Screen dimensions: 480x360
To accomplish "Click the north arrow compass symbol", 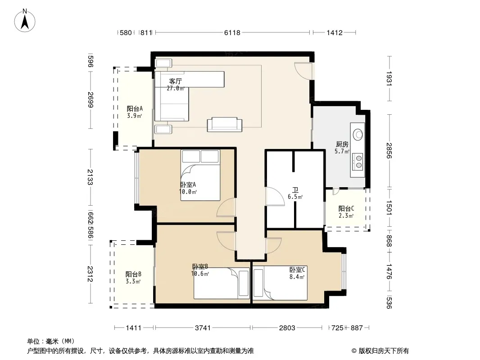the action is (x=25, y=21).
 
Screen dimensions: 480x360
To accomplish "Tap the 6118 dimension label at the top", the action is (x=232, y=32).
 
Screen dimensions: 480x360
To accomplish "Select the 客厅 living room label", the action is (x=176, y=81).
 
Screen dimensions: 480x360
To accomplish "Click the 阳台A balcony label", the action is (x=135, y=108).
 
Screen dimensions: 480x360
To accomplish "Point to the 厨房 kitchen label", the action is (x=342, y=144).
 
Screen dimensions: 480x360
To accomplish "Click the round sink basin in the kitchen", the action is (x=358, y=134).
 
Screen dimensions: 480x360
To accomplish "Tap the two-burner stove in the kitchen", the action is (x=358, y=162).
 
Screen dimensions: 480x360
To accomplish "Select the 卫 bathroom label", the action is (x=295, y=190).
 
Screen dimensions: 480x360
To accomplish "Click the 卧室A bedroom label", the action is (x=188, y=185).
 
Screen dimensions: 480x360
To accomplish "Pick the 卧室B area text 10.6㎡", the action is (x=200, y=274).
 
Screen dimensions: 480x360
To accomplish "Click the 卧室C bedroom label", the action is (x=297, y=270).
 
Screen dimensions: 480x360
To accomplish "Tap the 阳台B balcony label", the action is (x=133, y=274).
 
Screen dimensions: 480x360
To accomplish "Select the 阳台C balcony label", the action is (x=346, y=209).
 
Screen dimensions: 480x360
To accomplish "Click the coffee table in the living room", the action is (x=224, y=125).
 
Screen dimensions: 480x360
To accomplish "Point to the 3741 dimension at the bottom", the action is (x=203, y=328).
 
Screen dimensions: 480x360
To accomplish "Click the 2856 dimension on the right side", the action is (x=389, y=151).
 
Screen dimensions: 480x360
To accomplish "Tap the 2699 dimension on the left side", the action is (x=91, y=100).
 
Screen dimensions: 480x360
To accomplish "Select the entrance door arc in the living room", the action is (x=303, y=70).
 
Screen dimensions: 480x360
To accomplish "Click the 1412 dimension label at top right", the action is (x=334, y=32).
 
